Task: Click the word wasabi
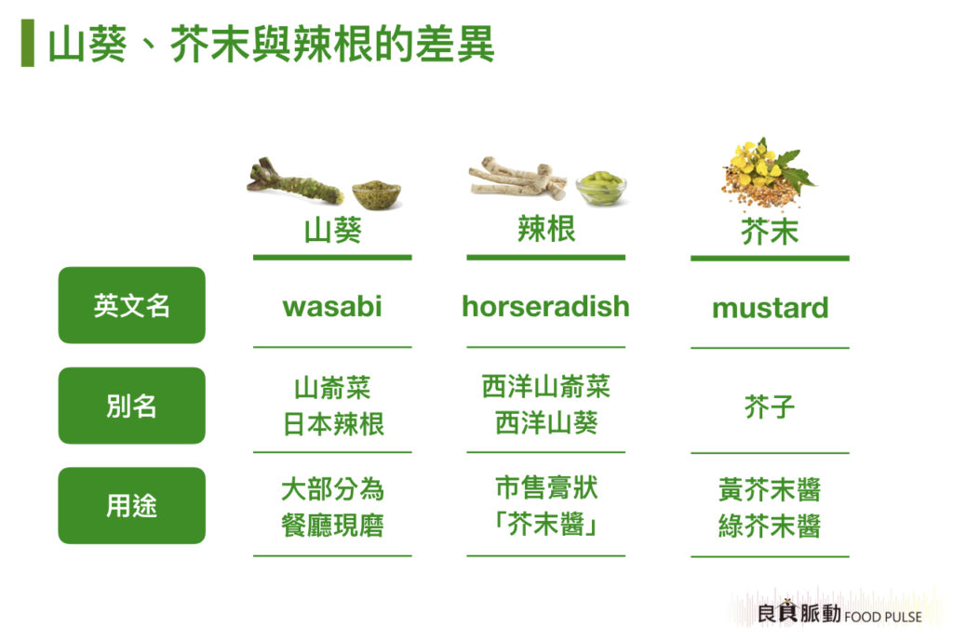click(x=332, y=306)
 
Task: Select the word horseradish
click(x=545, y=306)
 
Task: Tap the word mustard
click(x=770, y=308)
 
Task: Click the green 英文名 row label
click(x=132, y=305)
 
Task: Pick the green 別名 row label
click(x=132, y=406)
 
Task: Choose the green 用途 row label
click(x=132, y=505)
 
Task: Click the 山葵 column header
click(x=333, y=231)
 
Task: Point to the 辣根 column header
click(x=546, y=229)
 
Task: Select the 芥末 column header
click(x=770, y=232)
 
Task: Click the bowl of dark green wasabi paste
click(x=377, y=193)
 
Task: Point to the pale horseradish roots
click(x=517, y=178)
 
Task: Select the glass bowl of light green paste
click(x=601, y=188)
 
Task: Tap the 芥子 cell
click(x=770, y=407)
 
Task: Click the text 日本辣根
click(x=334, y=424)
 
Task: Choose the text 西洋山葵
click(x=546, y=422)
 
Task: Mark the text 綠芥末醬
click(x=770, y=526)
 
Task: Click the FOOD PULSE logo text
click(x=882, y=617)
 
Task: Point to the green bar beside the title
click(x=27, y=43)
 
